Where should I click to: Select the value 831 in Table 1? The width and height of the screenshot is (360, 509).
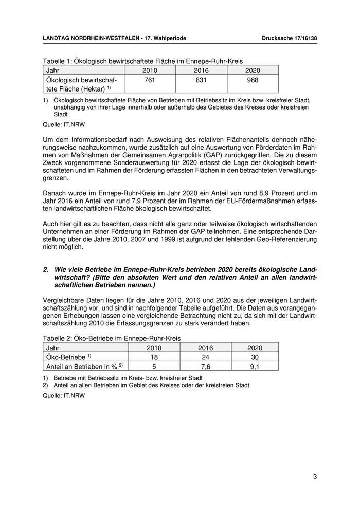click(202, 80)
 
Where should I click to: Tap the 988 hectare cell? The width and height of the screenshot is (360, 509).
click(253, 80)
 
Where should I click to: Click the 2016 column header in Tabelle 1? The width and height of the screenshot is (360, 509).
click(202, 70)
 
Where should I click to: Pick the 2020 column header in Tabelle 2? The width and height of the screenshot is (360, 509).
click(255, 348)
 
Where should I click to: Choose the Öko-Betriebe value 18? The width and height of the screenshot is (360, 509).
click(154, 357)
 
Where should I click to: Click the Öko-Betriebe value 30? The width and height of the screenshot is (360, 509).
click(255, 357)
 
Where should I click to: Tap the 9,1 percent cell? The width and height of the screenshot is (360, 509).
click(255, 366)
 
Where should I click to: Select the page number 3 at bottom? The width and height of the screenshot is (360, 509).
click(315, 477)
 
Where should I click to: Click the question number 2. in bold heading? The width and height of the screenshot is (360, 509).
click(46, 269)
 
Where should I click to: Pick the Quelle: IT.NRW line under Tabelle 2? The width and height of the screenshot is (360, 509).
click(63, 396)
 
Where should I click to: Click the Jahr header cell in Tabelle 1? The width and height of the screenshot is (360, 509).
click(54, 70)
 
